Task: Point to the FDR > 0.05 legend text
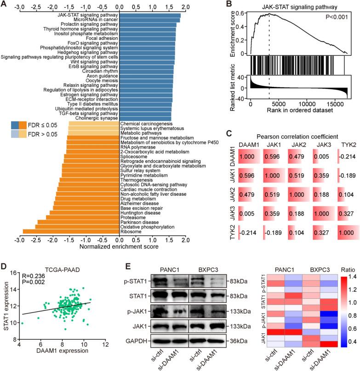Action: [x=51, y=134]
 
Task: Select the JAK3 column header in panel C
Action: [x=322, y=145]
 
